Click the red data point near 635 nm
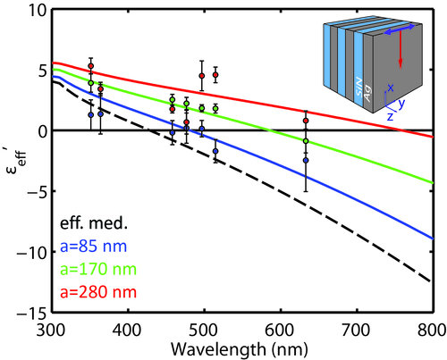[306, 121]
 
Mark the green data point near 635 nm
[306, 141]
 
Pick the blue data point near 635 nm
[306, 161]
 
